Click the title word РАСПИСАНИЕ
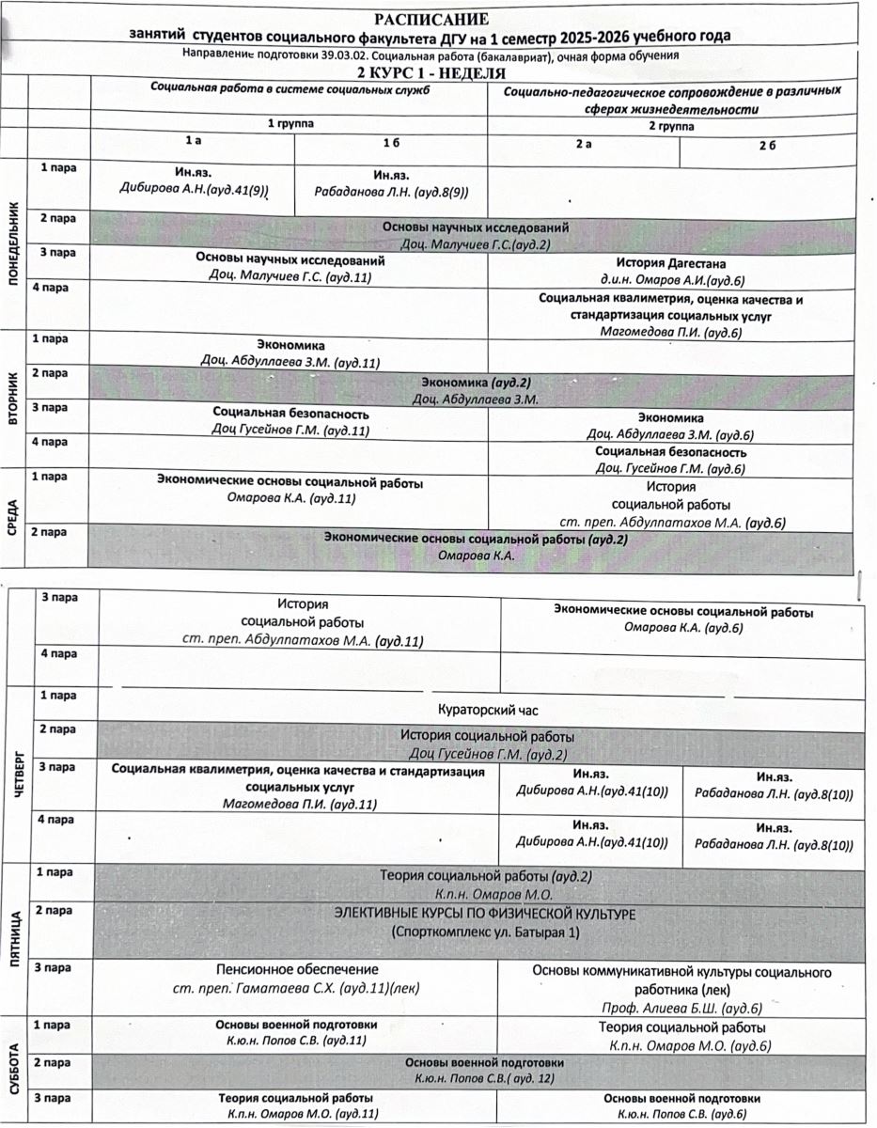pos(431,19)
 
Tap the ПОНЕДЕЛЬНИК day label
pos(13,245)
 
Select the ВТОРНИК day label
pos(13,400)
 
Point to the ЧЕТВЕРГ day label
pos(21,776)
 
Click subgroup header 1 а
pos(193,141)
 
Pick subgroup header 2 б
pos(767,143)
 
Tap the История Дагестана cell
pos(671,264)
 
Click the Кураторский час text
pos(488,710)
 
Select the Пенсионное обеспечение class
pos(297,969)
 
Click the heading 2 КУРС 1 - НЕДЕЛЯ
pos(431,72)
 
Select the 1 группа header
pos(290,123)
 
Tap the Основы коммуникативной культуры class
pos(681,971)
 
